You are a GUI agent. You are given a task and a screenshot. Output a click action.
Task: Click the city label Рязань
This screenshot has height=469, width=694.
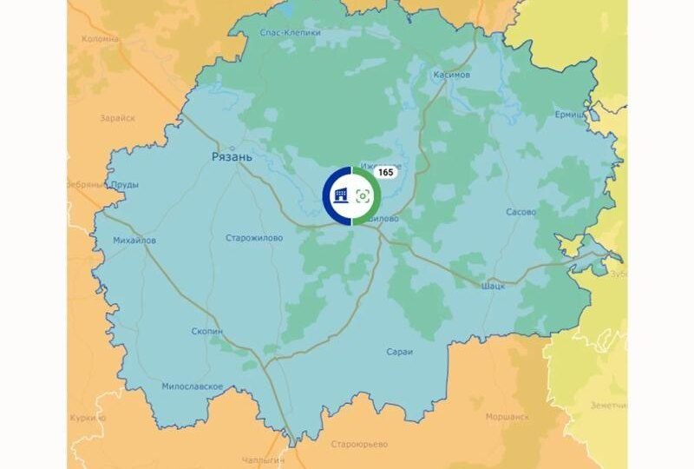pos(232,156)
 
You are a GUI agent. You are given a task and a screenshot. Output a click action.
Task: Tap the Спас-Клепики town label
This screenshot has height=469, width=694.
pos(290,33)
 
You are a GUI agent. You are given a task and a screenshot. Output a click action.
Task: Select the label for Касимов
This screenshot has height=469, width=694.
pos(451,75)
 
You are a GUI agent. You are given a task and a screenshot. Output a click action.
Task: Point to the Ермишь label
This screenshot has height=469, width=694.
pos(571,114)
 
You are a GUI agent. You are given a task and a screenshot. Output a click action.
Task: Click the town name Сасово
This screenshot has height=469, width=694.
pos(520,211)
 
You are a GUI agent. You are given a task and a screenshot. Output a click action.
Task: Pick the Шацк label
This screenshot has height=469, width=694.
pos(492,285)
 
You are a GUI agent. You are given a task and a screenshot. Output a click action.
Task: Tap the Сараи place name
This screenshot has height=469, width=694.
pos(401,352)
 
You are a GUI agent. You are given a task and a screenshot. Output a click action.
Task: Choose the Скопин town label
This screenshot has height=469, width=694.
pos(207,331)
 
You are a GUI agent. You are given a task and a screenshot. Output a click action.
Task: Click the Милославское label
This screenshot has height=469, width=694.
pos(193,386)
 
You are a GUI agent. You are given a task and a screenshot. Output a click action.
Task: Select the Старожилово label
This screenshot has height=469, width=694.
pos(253,237)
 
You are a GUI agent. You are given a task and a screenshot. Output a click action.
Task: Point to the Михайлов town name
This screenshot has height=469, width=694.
pos(134,240)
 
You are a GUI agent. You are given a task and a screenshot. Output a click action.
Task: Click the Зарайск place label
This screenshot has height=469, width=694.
pos(117,118)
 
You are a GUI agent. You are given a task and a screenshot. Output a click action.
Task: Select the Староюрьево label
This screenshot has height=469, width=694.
pos(359,444)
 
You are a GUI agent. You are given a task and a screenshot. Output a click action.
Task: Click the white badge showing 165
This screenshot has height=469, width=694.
pos(385,172)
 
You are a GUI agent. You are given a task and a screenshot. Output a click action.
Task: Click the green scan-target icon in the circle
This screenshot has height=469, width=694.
pos(363,196)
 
